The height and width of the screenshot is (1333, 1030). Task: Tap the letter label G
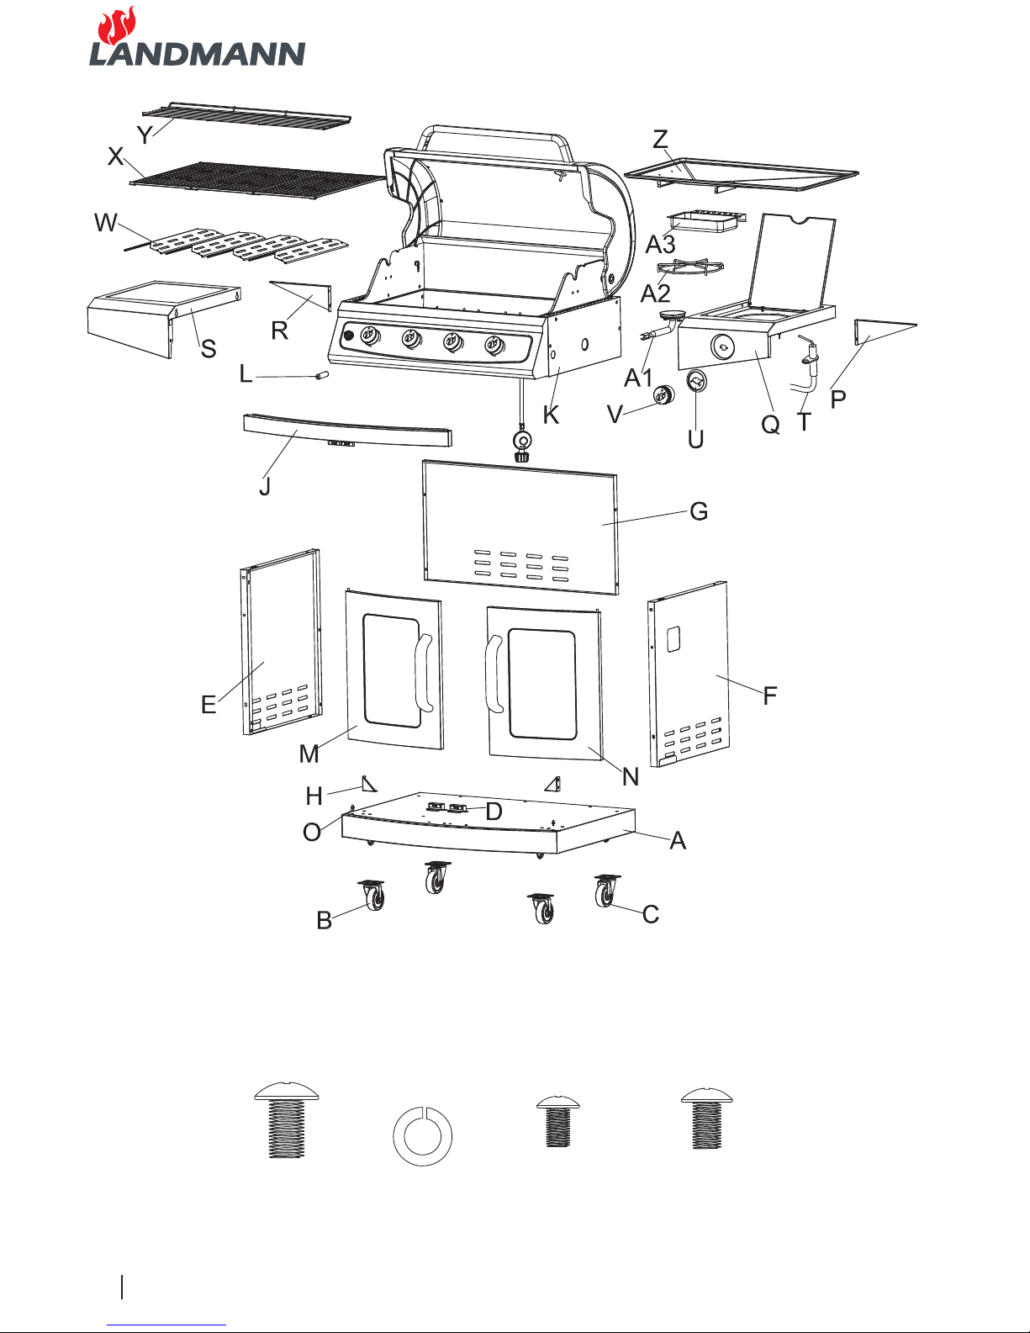[x=699, y=511]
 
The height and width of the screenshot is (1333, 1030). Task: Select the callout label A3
[x=660, y=244]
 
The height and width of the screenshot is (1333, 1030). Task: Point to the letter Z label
[x=660, y=140]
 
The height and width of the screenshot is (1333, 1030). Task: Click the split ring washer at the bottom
[x=422, y=1136]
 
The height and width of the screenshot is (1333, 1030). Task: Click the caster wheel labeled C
[x=606, y=891]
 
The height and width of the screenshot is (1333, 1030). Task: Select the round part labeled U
[x=696, y=383]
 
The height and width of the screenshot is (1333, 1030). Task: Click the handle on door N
[x=494, y=674]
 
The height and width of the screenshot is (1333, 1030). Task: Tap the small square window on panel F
[x=673, y=638]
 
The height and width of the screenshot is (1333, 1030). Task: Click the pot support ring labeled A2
[x=690, y=267]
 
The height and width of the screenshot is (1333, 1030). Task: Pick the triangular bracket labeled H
[x=369, y=784]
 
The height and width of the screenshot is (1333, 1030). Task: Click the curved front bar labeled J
[x=347, y=430]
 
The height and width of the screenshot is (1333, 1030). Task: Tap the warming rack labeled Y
[x=246, y=117]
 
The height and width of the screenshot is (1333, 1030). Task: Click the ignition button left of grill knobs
[x=349, y=336]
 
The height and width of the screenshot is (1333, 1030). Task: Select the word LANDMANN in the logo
[x=198, y=54]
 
